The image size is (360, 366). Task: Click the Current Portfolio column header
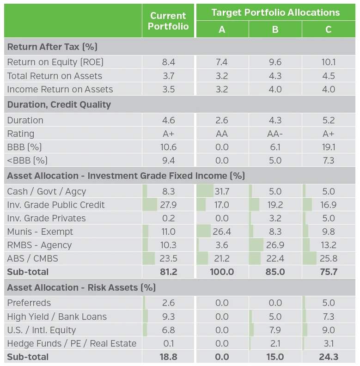click(x=169, y=21)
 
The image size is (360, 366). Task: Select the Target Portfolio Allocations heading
click(x=275, y=12)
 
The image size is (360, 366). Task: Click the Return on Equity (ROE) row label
click(x=55, y=62)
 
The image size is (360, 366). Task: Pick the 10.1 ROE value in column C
click(x=328, y=62)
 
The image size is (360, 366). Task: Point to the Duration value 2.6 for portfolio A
click(x=222, y=120)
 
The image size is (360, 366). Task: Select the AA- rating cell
click(x=275, y=134)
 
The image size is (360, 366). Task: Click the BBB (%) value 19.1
click(x=328, y=147)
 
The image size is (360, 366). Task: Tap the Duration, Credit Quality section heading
click(x=59, y=104)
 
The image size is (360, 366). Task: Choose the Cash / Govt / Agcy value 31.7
click(x=222, y=191)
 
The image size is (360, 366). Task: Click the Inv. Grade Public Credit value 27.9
click(x=169, y=205)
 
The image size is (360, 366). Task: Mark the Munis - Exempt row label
click(x=40, y=232)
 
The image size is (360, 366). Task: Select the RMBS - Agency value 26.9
click(x=275, y=245)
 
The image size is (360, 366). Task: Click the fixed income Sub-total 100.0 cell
click(x=222, y=272)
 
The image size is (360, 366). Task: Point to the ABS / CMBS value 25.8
click(x=328, y=258)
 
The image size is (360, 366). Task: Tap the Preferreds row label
click(x=29, y=303)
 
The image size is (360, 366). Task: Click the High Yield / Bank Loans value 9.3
click(x=169, y=317)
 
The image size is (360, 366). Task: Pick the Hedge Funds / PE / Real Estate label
click(x=72, y=343)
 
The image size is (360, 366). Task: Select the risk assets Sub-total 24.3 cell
click(x=328, y=357)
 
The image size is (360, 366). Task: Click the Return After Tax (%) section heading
click(x=52, y=47)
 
